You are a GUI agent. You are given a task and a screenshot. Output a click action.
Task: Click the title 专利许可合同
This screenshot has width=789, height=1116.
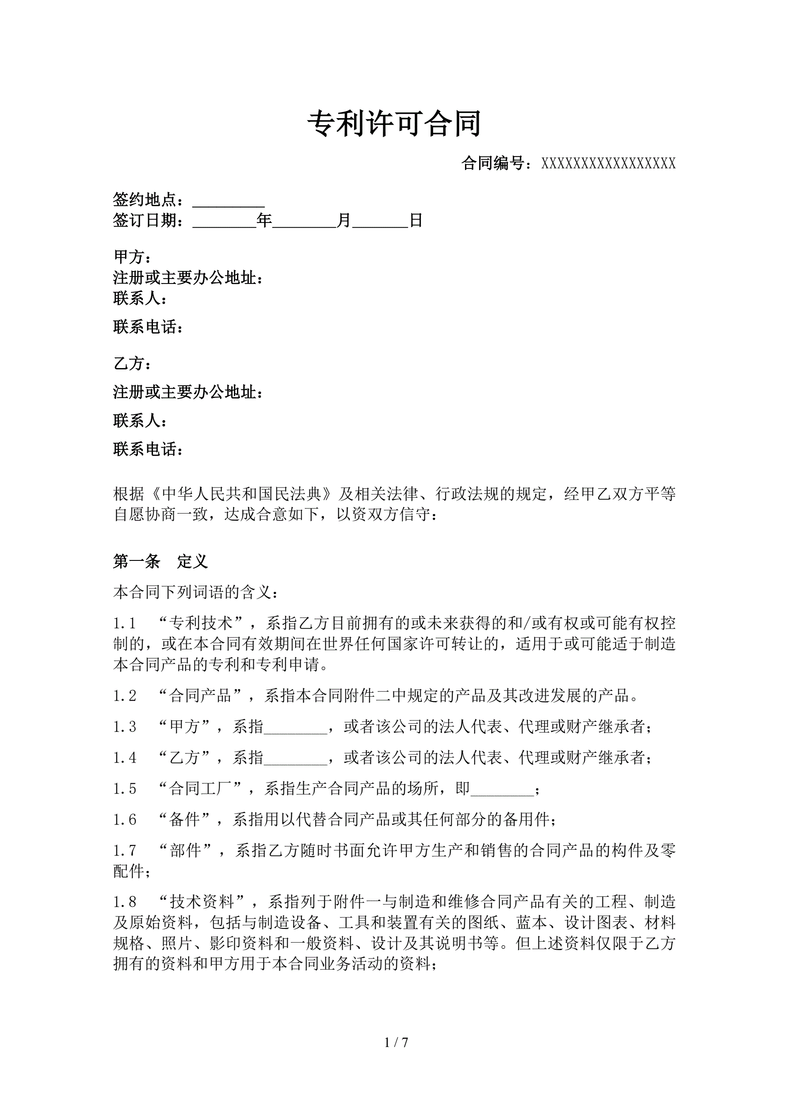tap(394, 123)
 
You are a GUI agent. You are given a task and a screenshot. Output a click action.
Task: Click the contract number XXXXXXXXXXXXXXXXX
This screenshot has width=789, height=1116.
tap(608, 164)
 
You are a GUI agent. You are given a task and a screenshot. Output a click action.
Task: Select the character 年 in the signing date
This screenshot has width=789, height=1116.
tap(264, 221)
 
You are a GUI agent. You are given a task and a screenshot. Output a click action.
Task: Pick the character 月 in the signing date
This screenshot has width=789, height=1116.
tap(344, 221)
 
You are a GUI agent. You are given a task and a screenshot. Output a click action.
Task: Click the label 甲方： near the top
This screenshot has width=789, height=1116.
tap(132, 256)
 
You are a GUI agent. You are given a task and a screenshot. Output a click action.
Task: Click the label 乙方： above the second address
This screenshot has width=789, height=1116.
tap(132, 363)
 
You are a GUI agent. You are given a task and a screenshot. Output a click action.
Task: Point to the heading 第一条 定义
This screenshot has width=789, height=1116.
tap(160, 561)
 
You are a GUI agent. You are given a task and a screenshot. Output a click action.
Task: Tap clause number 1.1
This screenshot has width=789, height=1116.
tap(124, 623)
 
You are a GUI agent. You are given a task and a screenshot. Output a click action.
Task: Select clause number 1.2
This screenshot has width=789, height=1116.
tap(124, 695)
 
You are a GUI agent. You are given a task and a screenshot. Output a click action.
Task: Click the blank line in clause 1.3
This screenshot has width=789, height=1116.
tap(295, 727)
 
